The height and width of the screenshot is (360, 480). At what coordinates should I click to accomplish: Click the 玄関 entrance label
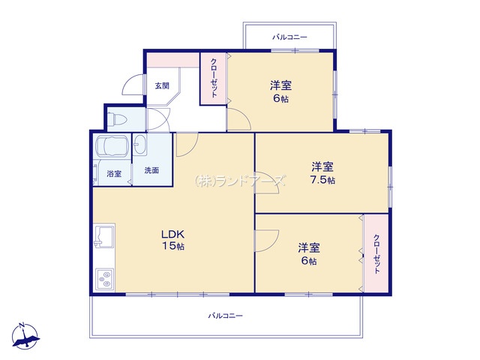click(162, 85)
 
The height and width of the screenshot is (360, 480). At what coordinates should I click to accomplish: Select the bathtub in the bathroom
click(112, 146)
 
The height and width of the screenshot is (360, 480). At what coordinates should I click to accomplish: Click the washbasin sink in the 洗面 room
click(140, 145)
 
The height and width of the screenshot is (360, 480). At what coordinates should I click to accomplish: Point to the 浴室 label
click(114, 174)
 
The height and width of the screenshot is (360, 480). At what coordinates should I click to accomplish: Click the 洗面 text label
click(151, 170)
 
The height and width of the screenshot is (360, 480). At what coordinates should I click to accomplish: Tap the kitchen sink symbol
click(104, 236)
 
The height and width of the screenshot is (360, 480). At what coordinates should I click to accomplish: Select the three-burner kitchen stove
click(104, 279)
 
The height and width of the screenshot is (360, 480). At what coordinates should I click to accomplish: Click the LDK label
click(173, 235)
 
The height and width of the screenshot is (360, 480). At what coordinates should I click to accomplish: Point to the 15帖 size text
click(173, 246)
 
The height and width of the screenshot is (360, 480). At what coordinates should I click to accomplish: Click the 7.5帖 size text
click(322, 180)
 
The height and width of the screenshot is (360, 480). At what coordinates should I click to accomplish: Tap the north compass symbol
click(25, 336)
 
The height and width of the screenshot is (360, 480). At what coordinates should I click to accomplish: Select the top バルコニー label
click(289, 37)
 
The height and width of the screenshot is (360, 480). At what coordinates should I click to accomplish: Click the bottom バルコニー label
click(226, 316)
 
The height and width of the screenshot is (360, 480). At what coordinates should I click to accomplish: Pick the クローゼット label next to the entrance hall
click(214, 78)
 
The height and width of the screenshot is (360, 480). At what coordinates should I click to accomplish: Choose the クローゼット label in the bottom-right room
click(376, 254)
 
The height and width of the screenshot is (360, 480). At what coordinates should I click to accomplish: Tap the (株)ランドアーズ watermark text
click(240, 181)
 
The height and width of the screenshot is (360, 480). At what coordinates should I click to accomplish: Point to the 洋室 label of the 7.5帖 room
click(322, 167)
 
